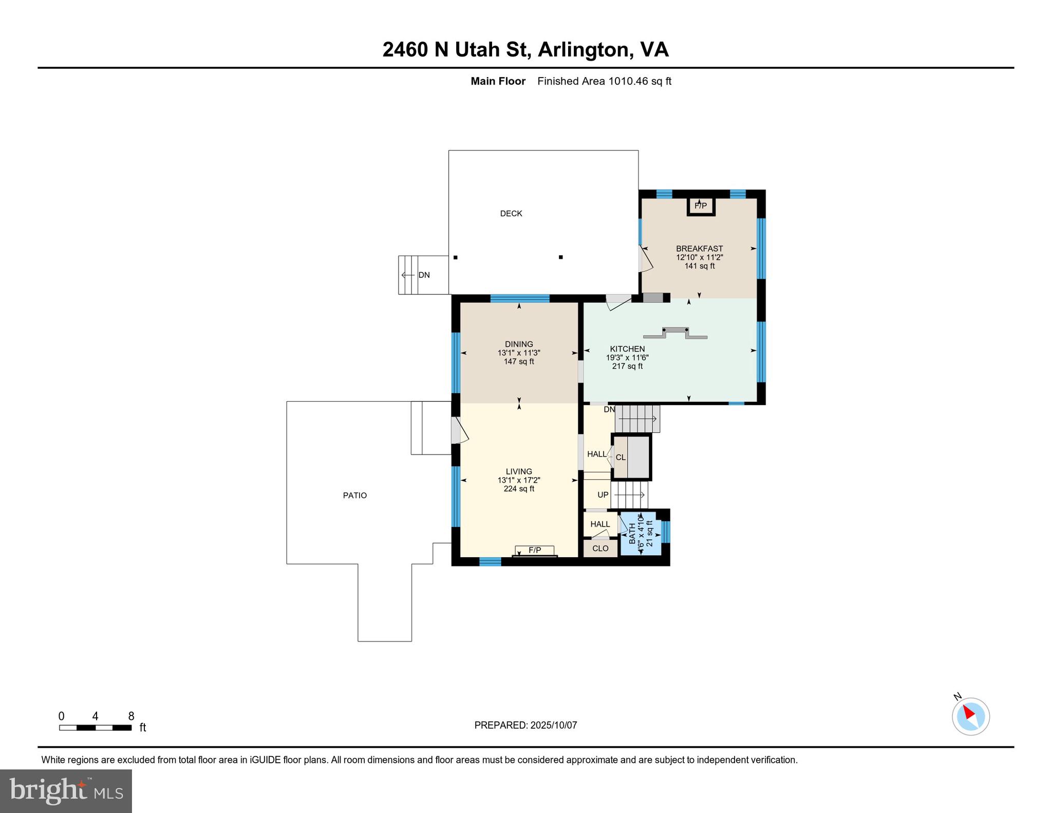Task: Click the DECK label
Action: pos(511,214)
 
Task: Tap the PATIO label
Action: pos(355,496)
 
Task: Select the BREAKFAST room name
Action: pos(699,249)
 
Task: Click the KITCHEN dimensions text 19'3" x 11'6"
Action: pos(627,358)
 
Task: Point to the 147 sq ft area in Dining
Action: pos(519,362)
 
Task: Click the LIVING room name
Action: pos(519,471)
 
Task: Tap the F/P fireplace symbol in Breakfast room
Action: pos(701,206)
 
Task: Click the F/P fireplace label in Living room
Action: pos(535,551)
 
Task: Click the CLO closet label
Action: pos(600,549)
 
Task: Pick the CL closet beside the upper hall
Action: pos(621,458)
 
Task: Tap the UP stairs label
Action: pos(603,495)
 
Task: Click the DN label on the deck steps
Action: pos(424,275)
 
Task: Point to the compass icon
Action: pos(970,716)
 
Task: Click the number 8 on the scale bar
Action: pos(131,716)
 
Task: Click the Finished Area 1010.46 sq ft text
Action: pos(604,81)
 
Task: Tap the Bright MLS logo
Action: pos(66,790)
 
